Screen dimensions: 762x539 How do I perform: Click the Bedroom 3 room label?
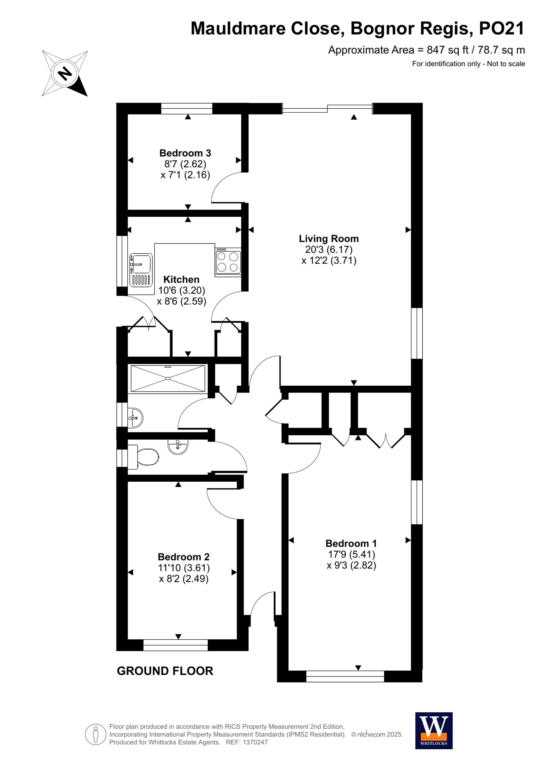pyautogui.click(x=185, y=153)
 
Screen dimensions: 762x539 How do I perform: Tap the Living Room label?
pyautogui.click(x=329, y=239)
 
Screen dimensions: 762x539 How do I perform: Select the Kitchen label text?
pyautogui.click(x=181, y=279)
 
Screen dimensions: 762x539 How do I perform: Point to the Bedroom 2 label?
pyautogui.click(x=184, y=557)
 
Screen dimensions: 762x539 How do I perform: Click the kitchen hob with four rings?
pyautogui.click(x=228, y=262)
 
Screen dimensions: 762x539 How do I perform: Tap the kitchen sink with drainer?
pyautogui.click(x=141, y=270)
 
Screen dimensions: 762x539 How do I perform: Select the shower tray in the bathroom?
pyautogui.click(x=168, y=378)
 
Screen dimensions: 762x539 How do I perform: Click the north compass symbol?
pyautogui.click(x=65, y=73)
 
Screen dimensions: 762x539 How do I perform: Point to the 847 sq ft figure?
pyautogui.click(x=448, y=50)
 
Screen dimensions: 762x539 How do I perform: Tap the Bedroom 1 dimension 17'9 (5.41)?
pyautogui.click(x=351, y=554)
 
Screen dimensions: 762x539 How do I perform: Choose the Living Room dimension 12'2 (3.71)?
pyautogui.click(x=329, y=261)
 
